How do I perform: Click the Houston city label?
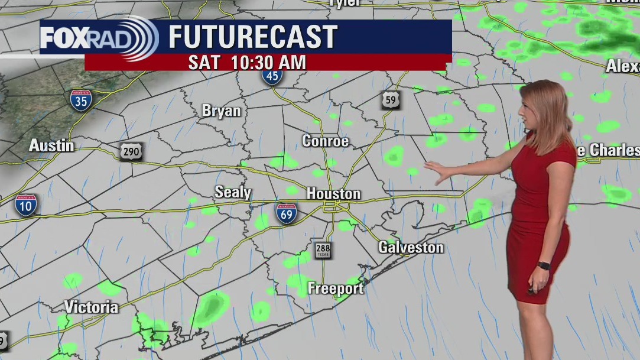pyautogui.click(x=333, y=194)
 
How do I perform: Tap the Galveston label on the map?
pyautogui.click(x=411, y=247)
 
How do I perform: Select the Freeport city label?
pyautogui.click(x=336, y=289)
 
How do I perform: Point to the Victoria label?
pyautogui.click(x=91, y=307)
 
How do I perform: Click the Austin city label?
pyautogui.click(x=52, y=145)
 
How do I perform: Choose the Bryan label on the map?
pyautogui.click(x=222, y=111)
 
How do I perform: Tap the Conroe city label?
pyautogui.click(x=325, y=141)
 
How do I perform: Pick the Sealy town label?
pyautogui.click(x=233, y=192)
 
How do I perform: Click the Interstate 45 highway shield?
pyautogui.click(x=272, y=75)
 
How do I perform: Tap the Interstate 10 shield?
pyautogui.click(x=25, y=204)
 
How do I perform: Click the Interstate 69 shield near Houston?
pyautogui.click(x=286, y=213)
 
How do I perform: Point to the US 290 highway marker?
pyautogui.click(x=130, y=151)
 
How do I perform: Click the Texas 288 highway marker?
pyautogui.click(x=323, y=250)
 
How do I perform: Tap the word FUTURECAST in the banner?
pyautogui.click(x=253, y=37)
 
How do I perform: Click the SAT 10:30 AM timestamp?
pyautogui.click(x=247, y=63)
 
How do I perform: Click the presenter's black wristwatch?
pyautogui.click(x=544, y=266)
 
